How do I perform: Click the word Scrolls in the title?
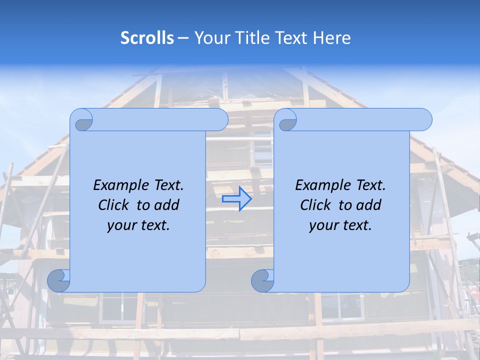pos(147,38)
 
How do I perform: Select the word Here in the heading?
pos(332,38)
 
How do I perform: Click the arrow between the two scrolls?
pos(236,199)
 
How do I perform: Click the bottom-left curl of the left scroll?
pos(59,281)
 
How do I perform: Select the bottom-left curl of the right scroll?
pos(262,281)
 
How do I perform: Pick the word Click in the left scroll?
pos(114,205)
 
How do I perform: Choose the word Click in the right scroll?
pos(315,205)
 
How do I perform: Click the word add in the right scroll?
pos(370,205)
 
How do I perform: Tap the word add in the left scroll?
pos(168,205)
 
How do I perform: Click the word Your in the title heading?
pos(210,38)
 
